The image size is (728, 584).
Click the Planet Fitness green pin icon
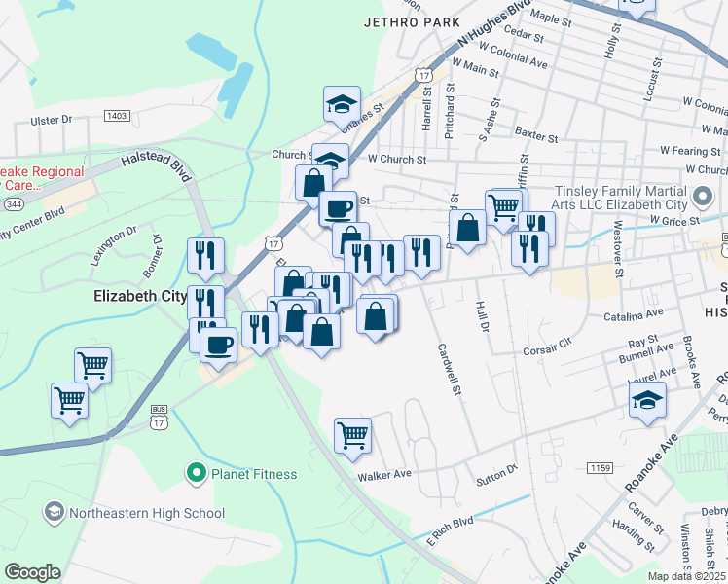(196, 474)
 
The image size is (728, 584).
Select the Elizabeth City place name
(137, 295)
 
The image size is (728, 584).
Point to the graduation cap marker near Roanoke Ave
(647, 400)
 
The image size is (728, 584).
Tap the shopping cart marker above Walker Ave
(352, 435)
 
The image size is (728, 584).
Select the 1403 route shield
(117, 116)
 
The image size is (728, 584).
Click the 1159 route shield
(601, 469)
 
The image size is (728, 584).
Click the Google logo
(33, 571)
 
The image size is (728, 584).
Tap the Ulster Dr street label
(52, 120)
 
